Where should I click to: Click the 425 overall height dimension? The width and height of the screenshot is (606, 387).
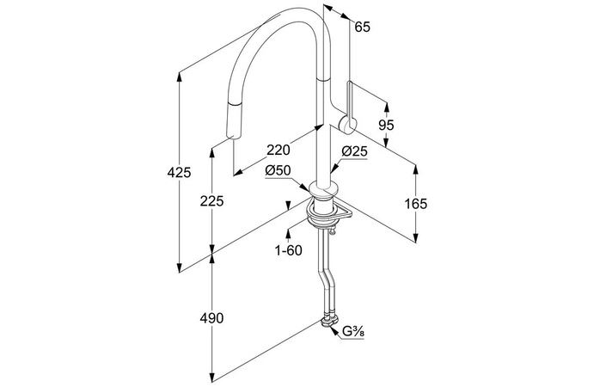[179, 174]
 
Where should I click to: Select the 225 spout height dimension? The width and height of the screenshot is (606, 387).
[211, 201]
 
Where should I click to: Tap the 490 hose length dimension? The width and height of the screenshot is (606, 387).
[211, 319]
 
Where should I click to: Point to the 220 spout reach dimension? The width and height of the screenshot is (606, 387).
[277, 147]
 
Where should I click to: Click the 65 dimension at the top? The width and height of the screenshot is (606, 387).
[362, 28]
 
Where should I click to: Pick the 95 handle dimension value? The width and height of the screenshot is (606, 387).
[386, 126]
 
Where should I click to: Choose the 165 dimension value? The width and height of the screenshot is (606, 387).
[416, 204]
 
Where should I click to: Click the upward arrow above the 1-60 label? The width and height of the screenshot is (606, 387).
[289, 230]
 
